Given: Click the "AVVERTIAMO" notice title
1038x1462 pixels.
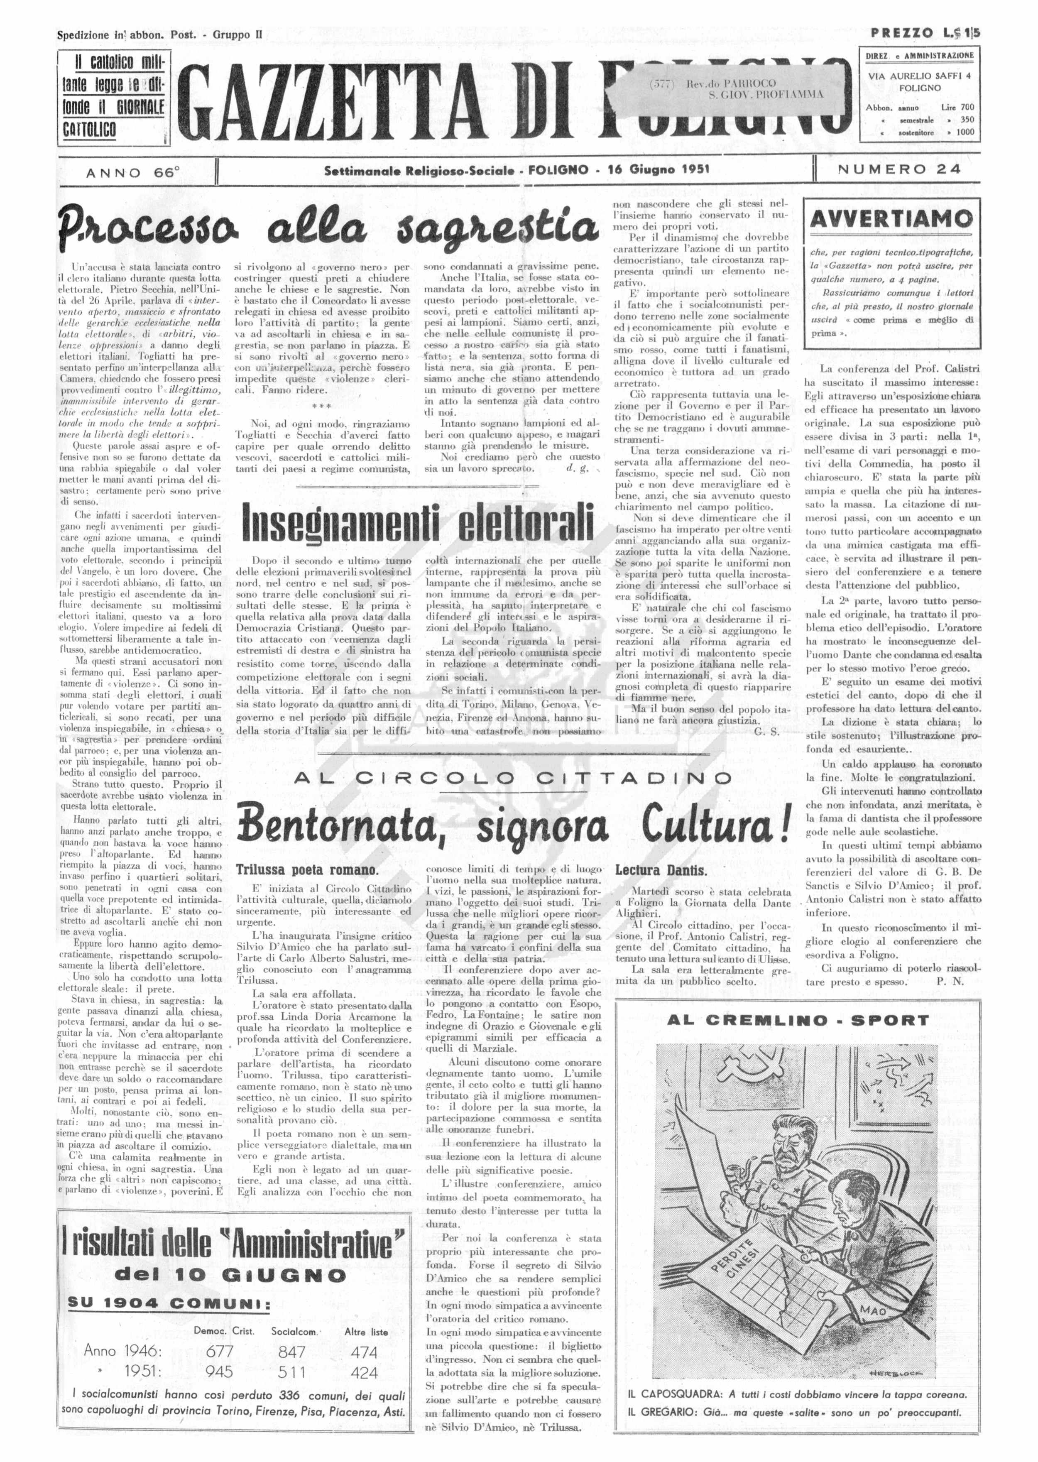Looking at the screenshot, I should click(x=891, y=219).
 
